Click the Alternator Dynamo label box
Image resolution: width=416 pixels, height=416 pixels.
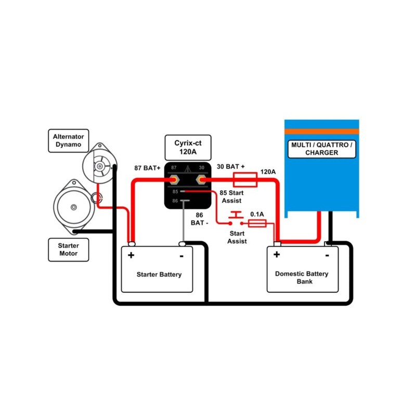pyautogui.click(x=68, y=141)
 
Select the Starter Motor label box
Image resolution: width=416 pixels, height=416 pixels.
pyautogui.click(x=68, y=250)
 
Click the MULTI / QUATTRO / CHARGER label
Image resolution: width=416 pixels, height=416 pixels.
pyautogui.click(x=322, y=149)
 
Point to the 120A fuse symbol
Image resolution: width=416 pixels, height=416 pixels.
pyautogui.click(x=245, y=180)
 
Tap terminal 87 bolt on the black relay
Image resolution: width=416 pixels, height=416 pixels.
pyautogui.click(x=174, y=179)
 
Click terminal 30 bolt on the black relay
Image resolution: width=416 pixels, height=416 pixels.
pyautogui.click(x=201, y=179)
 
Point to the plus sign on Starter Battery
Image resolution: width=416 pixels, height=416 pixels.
pyautogui.click(x=131, y=255)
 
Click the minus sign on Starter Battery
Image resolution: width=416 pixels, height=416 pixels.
pyautogui.click(x=181, y=255)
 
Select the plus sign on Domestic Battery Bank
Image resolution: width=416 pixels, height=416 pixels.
pyautogui.click(x=277, y=254)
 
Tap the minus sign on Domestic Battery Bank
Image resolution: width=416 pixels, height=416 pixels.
pyautogui.click(x=327, y=255)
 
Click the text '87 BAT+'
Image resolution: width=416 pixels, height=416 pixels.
pyautogui.click(x=147, y=168)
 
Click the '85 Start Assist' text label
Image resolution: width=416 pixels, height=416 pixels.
pyautogui.click(x=231, y=197)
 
